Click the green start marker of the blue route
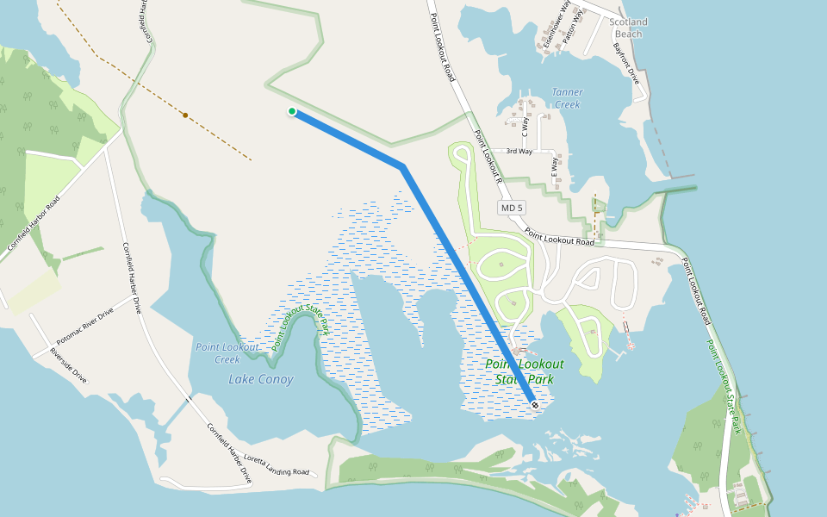pos(293,111)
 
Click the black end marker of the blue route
pos(535,404)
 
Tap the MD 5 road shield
pos(512,209)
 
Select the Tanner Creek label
pos(567,98)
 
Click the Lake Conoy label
pos(261,379)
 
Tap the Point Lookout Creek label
pos(227,352)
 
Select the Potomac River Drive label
pos(85,326)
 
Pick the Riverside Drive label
pos(68,365)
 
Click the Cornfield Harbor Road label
pos(34,222)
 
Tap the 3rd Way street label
pos(519,152)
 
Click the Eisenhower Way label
pos(553,26)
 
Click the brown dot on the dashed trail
pos(185,115)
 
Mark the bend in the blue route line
pos(402,166)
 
